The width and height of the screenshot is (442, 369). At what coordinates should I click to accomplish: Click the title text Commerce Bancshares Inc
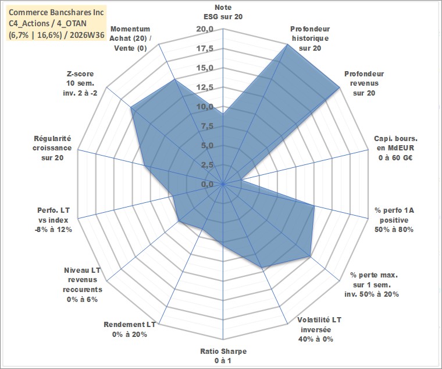(x=56, y=12)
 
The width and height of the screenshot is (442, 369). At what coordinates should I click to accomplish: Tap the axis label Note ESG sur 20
(x=223, y=12)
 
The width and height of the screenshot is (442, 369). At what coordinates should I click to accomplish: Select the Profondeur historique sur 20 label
(x=310, y=38)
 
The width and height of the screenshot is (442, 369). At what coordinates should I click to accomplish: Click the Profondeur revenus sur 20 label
(x=364, y=83)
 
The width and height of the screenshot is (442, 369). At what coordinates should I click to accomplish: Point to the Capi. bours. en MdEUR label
(x=395, y=148)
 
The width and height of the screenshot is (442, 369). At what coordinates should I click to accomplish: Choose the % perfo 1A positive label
(x=394, y=220)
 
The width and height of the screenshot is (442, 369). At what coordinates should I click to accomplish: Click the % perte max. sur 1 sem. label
(x=372, y=284)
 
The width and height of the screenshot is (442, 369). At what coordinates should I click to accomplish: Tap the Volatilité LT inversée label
(x=319, y=329)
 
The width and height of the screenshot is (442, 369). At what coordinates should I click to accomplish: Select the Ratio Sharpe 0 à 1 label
(x=223, y=356)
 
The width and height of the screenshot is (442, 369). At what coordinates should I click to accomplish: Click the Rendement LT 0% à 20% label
(x=130, y=329)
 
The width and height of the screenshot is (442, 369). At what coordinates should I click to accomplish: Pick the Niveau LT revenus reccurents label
(x=83, y=284)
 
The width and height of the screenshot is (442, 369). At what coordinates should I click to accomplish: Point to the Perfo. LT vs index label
(x=53, y=220)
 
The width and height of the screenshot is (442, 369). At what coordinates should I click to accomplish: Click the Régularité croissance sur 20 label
(x=52, y=148)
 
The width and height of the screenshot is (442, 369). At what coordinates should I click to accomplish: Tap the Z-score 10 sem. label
(x=80, y=83)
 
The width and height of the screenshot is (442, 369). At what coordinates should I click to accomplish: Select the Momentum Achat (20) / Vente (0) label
(x=130, y=38)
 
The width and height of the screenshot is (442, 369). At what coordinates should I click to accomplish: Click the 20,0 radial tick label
(x=205, y=29)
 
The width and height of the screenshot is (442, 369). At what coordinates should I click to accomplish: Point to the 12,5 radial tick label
(x=205, y=87)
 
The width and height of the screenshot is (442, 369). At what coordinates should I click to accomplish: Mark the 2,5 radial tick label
(x=207, y=165)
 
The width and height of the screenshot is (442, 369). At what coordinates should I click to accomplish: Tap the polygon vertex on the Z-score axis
(x=131, y=107)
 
